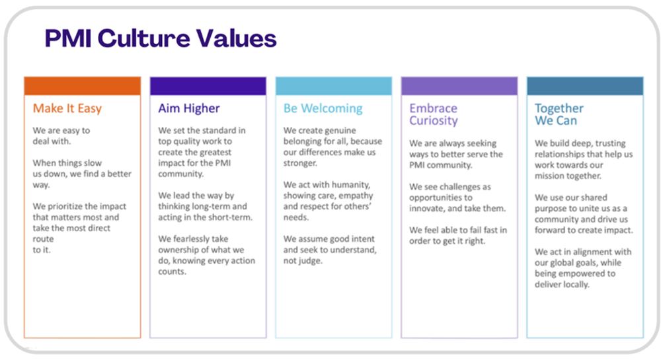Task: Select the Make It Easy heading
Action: (x=67, y=108)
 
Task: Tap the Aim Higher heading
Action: (x=189, y=108)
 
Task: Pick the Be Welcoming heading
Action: (x=323, y=108)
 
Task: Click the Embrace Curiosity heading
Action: (x=434, y=114)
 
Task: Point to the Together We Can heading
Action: (x=559, y=114)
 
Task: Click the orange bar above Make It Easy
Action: (x=82, y=86)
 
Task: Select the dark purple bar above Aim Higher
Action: (x=208, y=86)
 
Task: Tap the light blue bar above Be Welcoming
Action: (x=333, y=86)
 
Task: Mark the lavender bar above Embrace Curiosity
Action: (x=459, y=86)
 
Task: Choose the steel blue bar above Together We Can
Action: (x=584, y=86)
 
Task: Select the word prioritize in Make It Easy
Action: (x=70, y=205)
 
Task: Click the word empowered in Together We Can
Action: (x=589, y=273)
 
